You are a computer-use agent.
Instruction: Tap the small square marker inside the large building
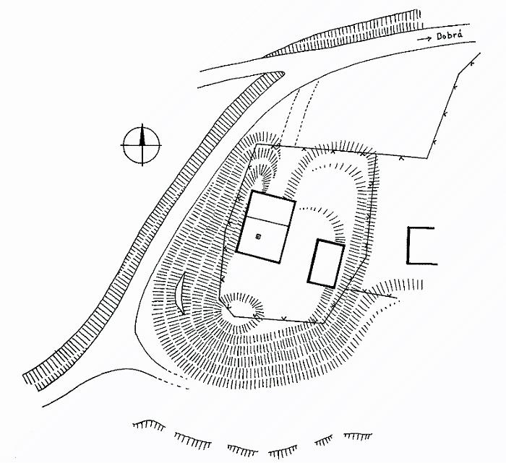point(259,235)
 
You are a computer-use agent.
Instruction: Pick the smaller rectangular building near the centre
point(326,263)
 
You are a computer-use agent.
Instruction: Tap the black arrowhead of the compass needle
point(142,133)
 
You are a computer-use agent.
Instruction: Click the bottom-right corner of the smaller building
point(335,286)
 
